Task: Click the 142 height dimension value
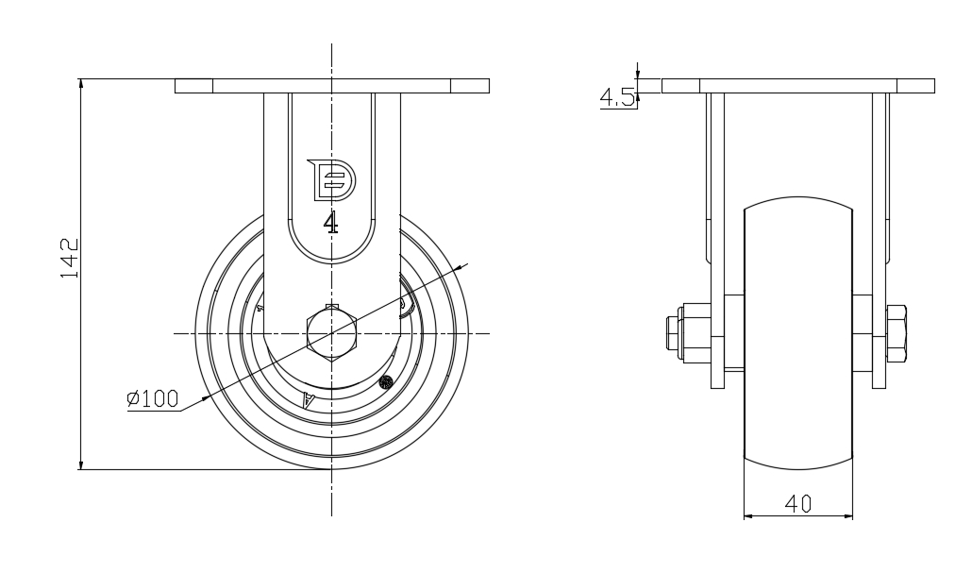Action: click(70, 258)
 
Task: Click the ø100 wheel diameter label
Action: click(152, 398)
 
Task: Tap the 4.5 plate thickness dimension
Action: click(617, 97)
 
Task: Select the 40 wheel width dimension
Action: click(797, 504)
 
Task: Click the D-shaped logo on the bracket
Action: click(331, 179)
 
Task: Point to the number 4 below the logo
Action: click(331, 223)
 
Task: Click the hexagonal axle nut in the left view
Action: click(331, 333)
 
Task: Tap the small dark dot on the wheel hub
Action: click(385, 382)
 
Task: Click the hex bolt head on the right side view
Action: click(897, 333)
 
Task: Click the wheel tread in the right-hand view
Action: click(797, 333)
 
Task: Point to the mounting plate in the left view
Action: click(332, 86)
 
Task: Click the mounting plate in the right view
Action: click(797, 86)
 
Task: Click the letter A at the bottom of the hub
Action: click(309, 400)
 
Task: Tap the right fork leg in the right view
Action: click(879, 241)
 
